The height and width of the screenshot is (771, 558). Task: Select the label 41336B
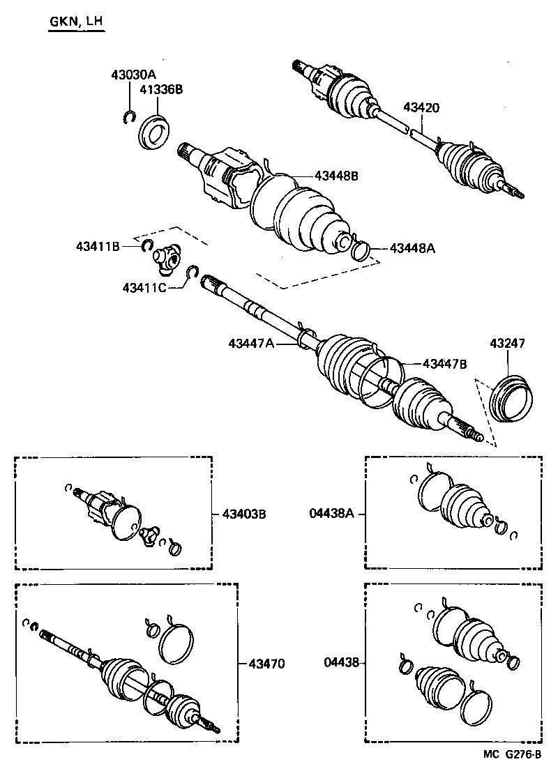(161, 89)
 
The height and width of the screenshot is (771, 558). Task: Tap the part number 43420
(421, 107)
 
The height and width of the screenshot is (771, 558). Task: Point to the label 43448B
(335, 176)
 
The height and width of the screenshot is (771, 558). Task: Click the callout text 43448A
(412, 247)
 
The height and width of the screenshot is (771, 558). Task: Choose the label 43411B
(98, 245)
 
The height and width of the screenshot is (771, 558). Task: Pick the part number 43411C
(144, 287)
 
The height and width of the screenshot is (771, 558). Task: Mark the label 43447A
(251, 343)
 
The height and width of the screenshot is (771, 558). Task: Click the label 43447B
(444, 363)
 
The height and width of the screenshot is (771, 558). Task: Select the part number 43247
(507, 344)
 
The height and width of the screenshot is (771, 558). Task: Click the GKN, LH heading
(75, 22)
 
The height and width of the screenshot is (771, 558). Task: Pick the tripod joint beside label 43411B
(167, 258)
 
